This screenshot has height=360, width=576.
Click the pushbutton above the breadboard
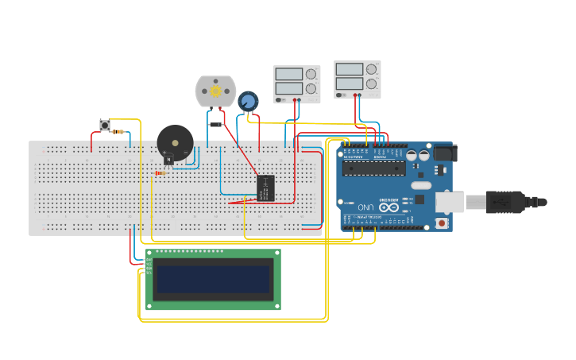(x=104, y=125)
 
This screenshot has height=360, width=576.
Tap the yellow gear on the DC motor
(x=215, y=91)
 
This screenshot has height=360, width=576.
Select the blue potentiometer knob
(x=248, y=101)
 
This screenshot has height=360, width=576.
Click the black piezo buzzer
(x=175, y=142)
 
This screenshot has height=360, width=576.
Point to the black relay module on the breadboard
(x=265, y=188)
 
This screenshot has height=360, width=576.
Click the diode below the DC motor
(x=215, y=125)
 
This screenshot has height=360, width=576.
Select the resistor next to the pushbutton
(x=118, y=132)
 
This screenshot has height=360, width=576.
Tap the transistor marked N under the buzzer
(x=168, y=159)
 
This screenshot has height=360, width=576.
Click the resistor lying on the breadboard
(x=160, y=172)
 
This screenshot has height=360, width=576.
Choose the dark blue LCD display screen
(x=213, y=279)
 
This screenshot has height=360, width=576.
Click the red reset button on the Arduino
(x=441, y=223)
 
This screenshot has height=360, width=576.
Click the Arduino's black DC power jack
(x=443, y=153)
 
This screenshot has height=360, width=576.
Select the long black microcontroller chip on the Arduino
(x=373, y=168)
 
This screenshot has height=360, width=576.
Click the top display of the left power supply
(x=288, y=75)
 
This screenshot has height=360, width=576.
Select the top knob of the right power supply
(x=371, y=69)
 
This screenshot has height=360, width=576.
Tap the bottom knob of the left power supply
(x=311, y=89)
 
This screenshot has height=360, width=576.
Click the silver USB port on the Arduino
(x=450, y=203)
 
